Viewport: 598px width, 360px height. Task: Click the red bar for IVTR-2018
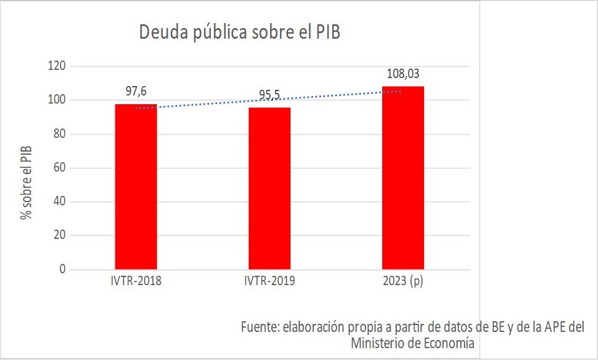pyautogui.click(x=136, y=187)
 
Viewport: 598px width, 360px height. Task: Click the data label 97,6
pyautogui.click(x=136, y=91)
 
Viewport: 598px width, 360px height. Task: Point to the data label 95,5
pyautogui.click(x=269, y=95)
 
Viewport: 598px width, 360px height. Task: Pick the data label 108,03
pyautogui.click(x=403, y=74)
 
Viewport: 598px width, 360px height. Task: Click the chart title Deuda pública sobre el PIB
pyautogui.click(x=239, y=32)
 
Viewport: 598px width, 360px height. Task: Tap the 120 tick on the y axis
pyautogui.click(x=57, y=66)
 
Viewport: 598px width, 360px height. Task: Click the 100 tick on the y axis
pyautogui.click(x=57, y=100)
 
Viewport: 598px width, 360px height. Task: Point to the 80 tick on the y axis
pyautogui.click(x=59, y=134)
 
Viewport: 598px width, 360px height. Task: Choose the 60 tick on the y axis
pyautogui.click(x=59, y=168)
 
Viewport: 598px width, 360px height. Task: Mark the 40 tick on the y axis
pyautogui.click(x=59, y=202)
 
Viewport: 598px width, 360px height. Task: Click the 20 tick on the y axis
pyautogui.click(x=59, y=236)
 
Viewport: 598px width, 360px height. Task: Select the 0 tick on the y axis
pyautogui.click(x=62, y=270)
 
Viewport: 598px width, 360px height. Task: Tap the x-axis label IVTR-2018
pyautogui.click(x=136, y=281)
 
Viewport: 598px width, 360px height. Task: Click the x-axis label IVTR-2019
pyautogui.click(x=269, y=281)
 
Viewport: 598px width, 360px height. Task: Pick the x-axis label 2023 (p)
pyautogui.click(x=403, y=281)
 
